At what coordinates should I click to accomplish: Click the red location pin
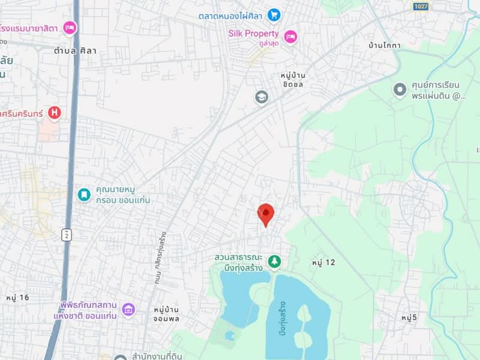tap(266, 214)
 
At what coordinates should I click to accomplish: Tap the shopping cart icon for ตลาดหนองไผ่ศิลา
tap(274, 14)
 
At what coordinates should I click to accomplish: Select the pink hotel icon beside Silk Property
tap(290, 36)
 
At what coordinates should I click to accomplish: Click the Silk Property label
tap(253, 34)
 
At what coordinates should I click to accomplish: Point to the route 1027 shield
tap(421, 6)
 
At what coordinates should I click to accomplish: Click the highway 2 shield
tap(66, 235)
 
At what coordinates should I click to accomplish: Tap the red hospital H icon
tap(55, 112)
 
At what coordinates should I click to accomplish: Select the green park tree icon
tap(275, 262)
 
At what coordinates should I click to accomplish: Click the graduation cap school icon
tap(262, 97)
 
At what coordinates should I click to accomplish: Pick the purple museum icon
tap(128, 310)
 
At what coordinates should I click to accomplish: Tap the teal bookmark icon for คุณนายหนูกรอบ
tap(85, 194)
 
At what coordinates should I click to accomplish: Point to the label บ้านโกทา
tap(385, 46)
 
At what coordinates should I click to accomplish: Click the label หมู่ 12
tap(323, 262)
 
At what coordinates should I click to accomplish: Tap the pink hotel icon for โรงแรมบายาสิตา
tap(70, 27)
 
